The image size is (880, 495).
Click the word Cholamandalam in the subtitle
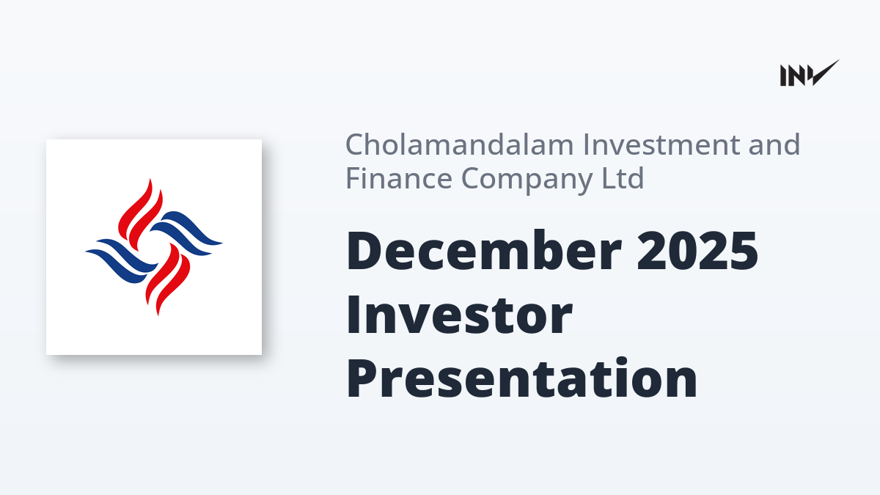[460, 144]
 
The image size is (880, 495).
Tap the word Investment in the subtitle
[661, 144]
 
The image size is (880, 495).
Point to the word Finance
[399, 178]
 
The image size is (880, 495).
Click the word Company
[527, 180]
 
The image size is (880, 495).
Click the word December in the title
[484, 250]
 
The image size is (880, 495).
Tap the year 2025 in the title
[697, 251]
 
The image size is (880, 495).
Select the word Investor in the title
[459, 315]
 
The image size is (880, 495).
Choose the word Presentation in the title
[521, 378]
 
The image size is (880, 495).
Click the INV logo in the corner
[810, 73]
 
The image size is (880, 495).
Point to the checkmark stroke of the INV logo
[826, 73]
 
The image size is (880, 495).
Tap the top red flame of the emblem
[140, 214]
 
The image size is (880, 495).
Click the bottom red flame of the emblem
[168, 279]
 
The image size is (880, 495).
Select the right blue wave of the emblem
[186, 233]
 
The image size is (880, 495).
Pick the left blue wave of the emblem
[122, 261]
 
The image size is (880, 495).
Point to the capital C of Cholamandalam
[356, 144]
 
